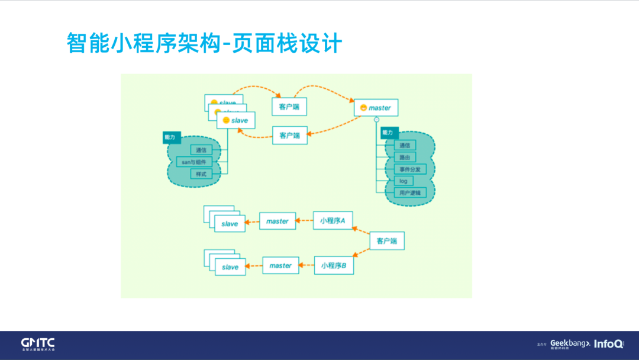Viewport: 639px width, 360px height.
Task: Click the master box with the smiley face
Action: tap(376, 108)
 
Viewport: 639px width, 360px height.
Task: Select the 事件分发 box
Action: tap(409, 169)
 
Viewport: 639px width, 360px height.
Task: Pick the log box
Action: tap(404, 181)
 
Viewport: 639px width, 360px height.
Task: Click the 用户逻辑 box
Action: tap(409, 192)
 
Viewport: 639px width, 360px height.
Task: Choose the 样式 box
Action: tap(201, 174)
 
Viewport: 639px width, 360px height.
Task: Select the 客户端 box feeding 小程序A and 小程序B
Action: tap(387, 241)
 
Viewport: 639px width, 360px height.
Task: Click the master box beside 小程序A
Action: tap(277, 221)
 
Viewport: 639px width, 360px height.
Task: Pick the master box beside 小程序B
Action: tap(280, 265)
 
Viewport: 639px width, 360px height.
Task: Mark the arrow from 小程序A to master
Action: tap(304, 221)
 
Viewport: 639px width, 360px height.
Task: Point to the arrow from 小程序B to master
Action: tap(306, 266)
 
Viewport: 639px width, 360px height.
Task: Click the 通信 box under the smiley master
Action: tap(405, 145)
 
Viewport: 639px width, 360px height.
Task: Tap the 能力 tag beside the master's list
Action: tap(388, 133)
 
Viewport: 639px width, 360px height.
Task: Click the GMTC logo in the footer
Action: tap(38, 344)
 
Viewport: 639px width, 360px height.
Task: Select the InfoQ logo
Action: tap(608, 344)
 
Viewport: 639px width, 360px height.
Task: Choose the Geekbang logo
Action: tap(570, 343)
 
